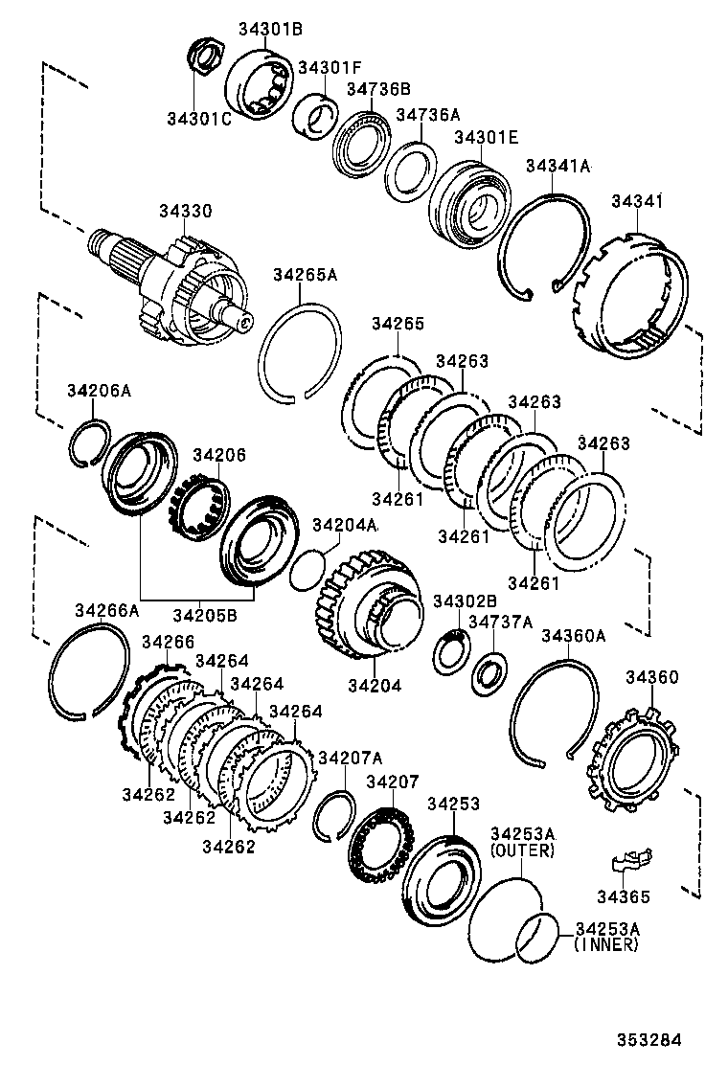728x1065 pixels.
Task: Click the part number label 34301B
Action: pyautogui.click(x=269, y=29)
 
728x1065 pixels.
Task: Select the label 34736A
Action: pyautogui.click(x=428, y=114)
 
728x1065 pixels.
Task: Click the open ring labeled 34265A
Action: pyautogui.click(x=300, y=353)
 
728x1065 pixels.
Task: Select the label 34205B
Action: pyautogui.click(x=204, y=616)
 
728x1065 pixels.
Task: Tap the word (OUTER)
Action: pyautogui.click(x=522, y=850)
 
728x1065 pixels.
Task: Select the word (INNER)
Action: pyautogui.click(x=606, y=944)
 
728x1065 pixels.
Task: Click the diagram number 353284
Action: pyautogui.click(x=648, y=1040)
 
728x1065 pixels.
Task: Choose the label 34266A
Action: pyautogui.click(x=106, y=610)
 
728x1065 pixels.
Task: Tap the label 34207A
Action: pyautogui.click(x=351, y=758)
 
